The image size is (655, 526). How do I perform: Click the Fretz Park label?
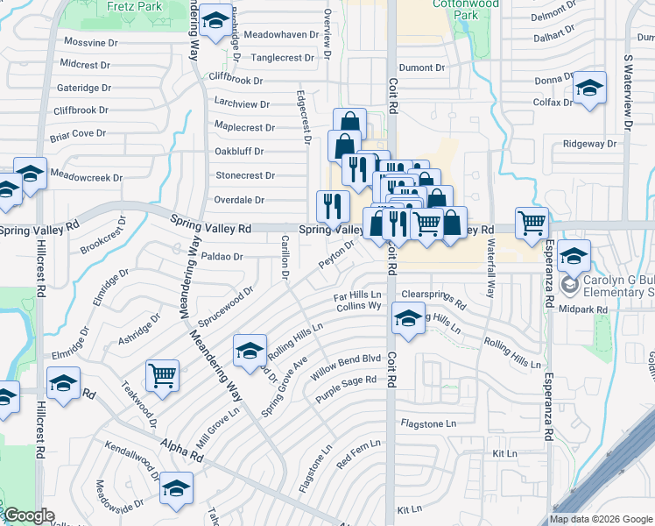pyautogui.click(x=131, y=6)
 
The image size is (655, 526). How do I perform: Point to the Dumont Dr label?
pyautogui.click(x=422, y=68)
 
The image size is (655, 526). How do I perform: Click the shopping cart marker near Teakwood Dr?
pyautogui.click(x=163, y=375)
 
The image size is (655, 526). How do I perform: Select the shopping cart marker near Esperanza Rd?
pyautogui.click(x=532, y=223)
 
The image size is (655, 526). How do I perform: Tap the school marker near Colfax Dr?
pyautogui.click(x=589, y=89)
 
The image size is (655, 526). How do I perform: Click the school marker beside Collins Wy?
pyautogui.click(x=407, y=318)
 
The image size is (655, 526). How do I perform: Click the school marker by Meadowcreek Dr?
pyautogui.click(x=30, y=174)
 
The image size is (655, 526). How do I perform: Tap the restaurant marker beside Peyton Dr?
pyautogui.click(x=333, y=207)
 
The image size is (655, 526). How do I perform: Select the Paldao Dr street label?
pyautogui.click(x=221, y=257)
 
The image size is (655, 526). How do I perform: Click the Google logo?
pyautogui.click(x=29, y=516)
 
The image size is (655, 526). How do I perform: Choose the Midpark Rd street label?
pyautogui.click(x=582, y=309)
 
